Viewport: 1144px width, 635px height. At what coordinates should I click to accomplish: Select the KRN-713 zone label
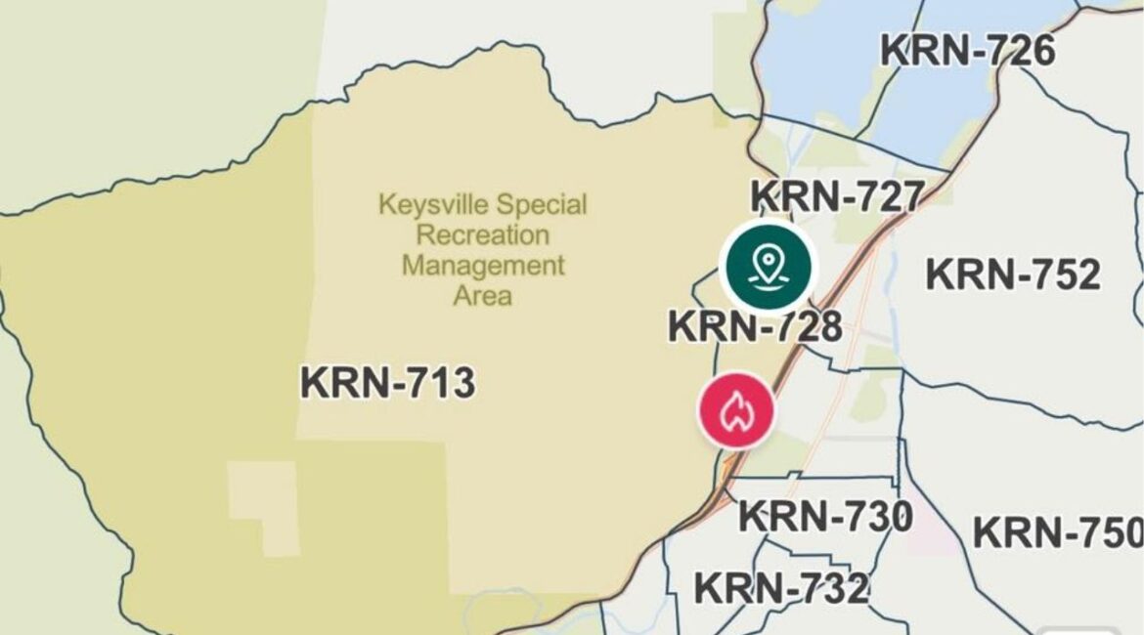pos(387,383)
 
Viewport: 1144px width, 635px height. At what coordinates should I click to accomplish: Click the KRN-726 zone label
pos(968,51)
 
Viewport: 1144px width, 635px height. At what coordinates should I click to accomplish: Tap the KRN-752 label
pos(1013,275)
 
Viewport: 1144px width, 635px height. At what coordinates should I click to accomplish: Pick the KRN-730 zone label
pos(825,516)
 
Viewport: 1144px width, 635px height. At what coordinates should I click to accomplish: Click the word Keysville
pos(434,206)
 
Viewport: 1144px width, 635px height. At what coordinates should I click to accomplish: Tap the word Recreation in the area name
pos(483,235)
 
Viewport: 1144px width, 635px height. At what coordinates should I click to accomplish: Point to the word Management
pos(483,266)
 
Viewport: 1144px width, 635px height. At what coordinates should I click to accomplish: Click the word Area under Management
pos(483,295)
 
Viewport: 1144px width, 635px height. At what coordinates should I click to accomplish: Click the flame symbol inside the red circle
pos(735,411)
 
